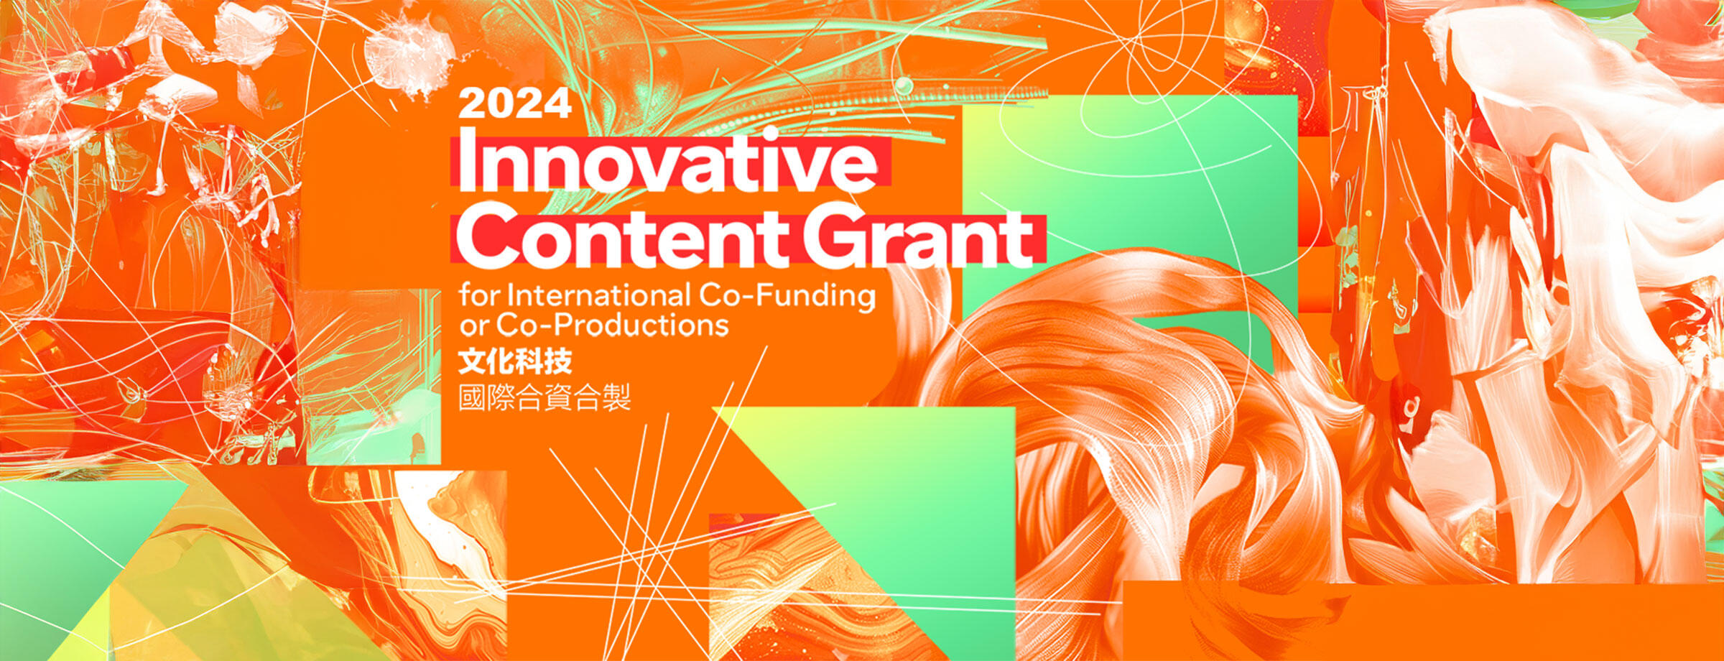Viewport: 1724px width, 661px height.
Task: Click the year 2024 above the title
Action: pos(515,104)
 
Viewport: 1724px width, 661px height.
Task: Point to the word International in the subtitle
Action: pos(598,295)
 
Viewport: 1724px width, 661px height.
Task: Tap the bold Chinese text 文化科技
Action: pos(515,361)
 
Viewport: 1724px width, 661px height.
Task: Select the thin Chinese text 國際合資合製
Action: pos(544,397)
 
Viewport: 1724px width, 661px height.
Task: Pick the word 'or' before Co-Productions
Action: pos(473,328)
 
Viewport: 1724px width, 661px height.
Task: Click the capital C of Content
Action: pos(486,237)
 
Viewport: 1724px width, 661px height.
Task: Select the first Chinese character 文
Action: pos(472,361)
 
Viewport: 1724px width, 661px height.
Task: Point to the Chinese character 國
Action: pos(472,397)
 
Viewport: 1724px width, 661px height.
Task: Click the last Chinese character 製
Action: pos(617,397)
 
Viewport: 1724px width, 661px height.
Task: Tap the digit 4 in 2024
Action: pos(557,104)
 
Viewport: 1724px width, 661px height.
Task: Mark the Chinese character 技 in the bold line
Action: pos(558,361)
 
